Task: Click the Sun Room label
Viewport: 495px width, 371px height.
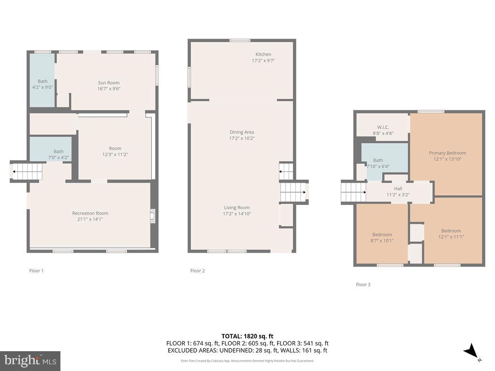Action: (x=109, y=83)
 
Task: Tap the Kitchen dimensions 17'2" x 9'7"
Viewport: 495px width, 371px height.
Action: (x=263, y=60)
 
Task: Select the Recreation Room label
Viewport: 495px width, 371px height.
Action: (x=90, y=213)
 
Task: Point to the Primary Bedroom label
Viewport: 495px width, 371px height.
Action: (x=447, y=153)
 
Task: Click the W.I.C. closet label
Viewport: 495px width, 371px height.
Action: (x=383, y=128)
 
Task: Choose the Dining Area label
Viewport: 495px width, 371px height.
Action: (x=242, y=132)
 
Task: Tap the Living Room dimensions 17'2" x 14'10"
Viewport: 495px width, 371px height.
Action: (x=237, y=214)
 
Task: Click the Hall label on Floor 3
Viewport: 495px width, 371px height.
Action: (x=398, y=189)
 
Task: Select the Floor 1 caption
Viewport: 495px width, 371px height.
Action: (x=36, y=271)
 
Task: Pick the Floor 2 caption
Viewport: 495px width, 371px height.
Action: (x=198, y=271)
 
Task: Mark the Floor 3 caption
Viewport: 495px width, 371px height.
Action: (x=363, y=285)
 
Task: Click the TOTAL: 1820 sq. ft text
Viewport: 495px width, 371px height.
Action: (x=247, y=336)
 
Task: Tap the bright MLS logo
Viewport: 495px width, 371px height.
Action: (x=30, y=361)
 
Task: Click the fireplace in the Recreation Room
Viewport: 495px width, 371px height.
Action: (x=153, y=216)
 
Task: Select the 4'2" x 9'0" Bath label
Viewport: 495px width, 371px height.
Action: (x=43, y=84)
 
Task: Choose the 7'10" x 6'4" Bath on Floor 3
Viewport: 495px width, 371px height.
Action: (x=378, y=163)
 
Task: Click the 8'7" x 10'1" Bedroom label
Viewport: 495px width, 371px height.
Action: (x=382, y=238)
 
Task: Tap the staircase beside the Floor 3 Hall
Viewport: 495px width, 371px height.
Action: (x=353, y=192)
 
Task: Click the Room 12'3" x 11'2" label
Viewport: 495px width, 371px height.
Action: (x=115, y=151)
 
